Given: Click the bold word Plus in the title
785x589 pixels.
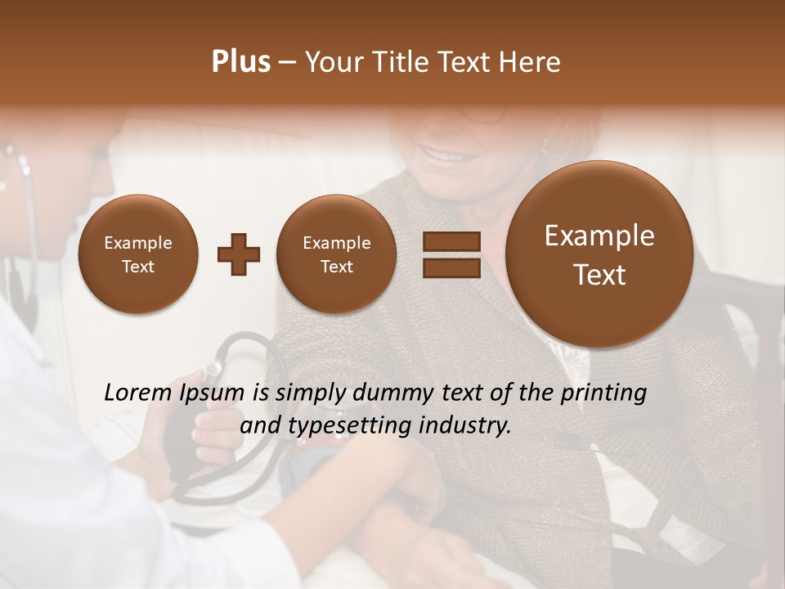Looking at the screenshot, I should click(x=240, y=62).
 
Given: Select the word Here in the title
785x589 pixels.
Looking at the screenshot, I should click(x=532, y=62).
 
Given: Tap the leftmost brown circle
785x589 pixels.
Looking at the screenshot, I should click(x=138, y=254).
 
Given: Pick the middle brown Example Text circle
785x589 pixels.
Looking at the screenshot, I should click(x=336, y=254).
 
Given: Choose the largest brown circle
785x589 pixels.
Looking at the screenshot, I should click(x=599, y=254).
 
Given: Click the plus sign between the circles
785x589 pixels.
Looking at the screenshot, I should click(x=239, y=254).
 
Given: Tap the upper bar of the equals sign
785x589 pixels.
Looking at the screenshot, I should click(x=451, y=241).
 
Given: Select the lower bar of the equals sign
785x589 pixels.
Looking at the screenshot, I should click(x=451, y=268).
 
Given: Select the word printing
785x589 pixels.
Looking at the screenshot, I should click(x=603, y=393).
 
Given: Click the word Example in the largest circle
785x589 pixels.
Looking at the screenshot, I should click(x=599, y=236).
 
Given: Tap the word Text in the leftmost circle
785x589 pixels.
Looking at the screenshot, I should click(x=138, y=267).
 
